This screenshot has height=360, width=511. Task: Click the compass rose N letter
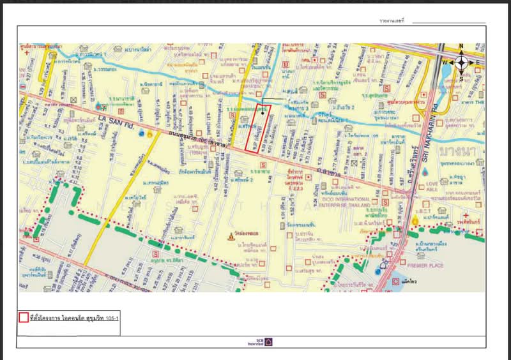(461, 47)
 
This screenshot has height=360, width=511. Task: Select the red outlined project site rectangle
(258, 128)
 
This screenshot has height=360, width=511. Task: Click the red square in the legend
(23, 317)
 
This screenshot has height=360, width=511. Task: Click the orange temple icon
(231, 236)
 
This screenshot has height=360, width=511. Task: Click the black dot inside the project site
(262, 112)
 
